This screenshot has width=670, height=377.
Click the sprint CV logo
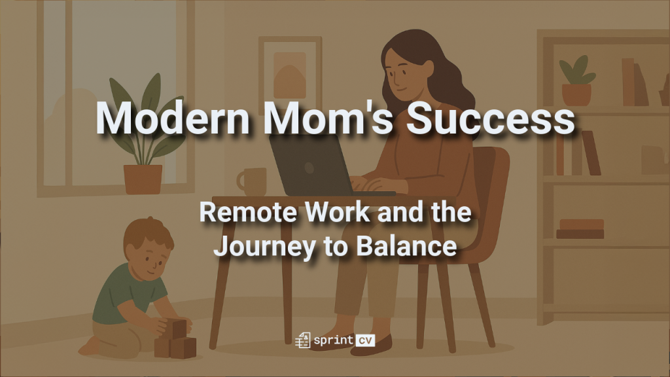tap(335, 340)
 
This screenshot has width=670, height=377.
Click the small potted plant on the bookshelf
tap(576, 82)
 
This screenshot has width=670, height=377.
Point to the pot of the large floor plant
tap(143, 179)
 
